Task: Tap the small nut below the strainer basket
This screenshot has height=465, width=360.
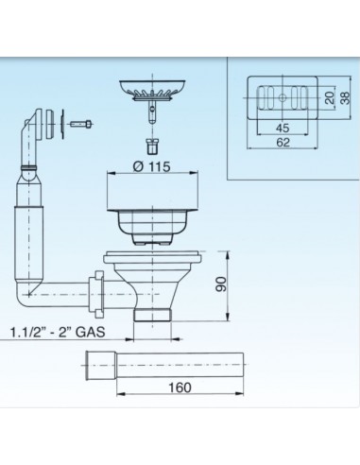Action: click(151, 147)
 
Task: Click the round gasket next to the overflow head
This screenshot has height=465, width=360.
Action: click(61, 121)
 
